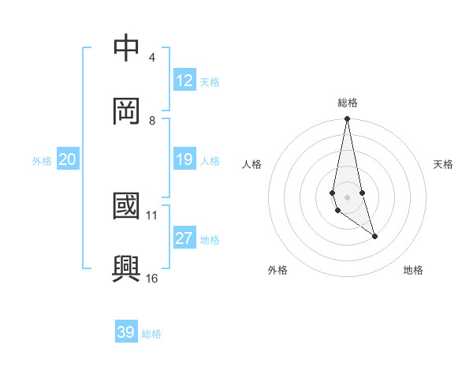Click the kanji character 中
coord(127,47)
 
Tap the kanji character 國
coord(127,205)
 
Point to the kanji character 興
coord(127,268)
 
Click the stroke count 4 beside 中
coord(152,58)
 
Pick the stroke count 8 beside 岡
coord(152,121)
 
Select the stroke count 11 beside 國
coord(152,215)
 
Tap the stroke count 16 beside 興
coord(152,278)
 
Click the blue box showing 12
coord(184,81)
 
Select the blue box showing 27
coord(184,239)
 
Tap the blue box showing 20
coord(67,160)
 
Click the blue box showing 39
coord(126,332)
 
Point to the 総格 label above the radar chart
coord(347,103)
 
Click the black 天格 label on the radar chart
coord(443,164)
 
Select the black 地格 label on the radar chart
coord(413,270)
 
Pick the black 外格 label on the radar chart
coord(277,270)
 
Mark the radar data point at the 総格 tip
coord(347,119)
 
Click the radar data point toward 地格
coord(374,236)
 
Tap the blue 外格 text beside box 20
coord(42,161)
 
